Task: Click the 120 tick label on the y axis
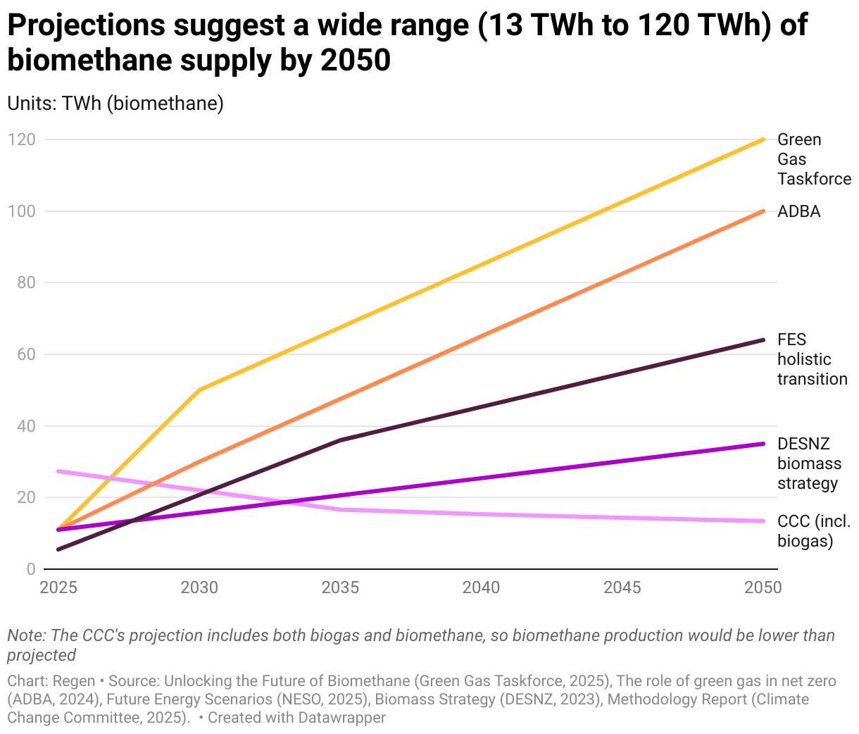[21, 139]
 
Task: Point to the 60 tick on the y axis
[25, 354]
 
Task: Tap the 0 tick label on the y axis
[30, 569]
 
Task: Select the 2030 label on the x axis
[200, 587]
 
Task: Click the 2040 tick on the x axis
[482, 587]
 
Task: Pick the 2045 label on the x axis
[622, 587]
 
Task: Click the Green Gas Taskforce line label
[813, 159]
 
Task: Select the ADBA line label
[798, 211]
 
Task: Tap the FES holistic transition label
[812, 359]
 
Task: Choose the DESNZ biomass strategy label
[809, 464]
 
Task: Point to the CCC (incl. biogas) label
[813, 531]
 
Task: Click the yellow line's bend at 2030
[200, 390]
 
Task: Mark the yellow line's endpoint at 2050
[763, 139]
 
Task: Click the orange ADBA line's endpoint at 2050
[763, 211]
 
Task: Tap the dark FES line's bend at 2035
[341, 440]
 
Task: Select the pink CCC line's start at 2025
[59, 471]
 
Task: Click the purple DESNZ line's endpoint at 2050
[763, 444]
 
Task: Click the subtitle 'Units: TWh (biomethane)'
[115, 103]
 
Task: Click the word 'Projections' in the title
[85, 26]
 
